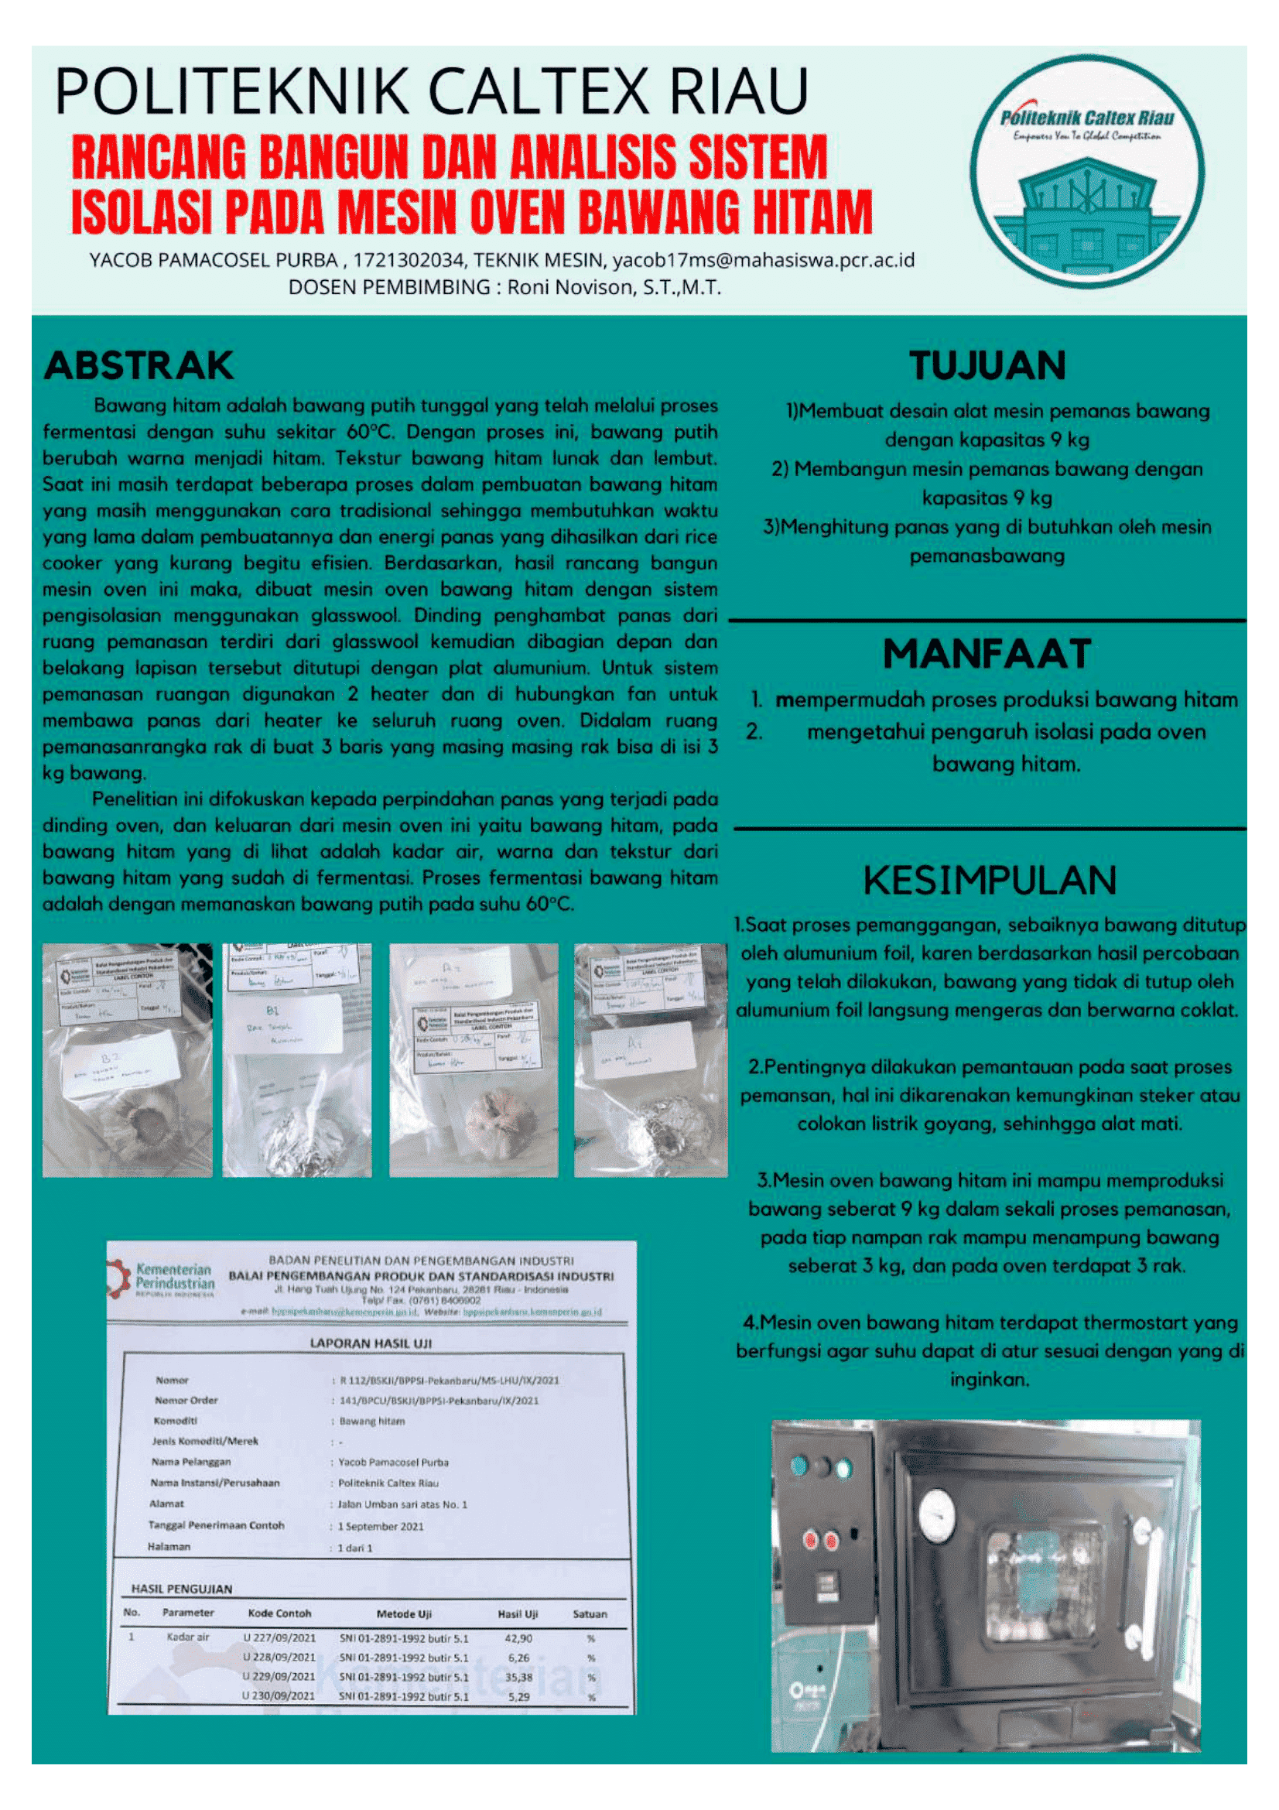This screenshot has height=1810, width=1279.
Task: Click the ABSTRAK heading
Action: pyautogui.click(x=139, y=366)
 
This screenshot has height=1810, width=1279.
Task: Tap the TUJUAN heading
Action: pyautogui.click(x=987, y=366)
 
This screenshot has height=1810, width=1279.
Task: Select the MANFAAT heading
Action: pyautogui.click(x=987, y=654)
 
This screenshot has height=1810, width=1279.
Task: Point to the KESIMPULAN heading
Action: pyautogui.click(x=990, y=881)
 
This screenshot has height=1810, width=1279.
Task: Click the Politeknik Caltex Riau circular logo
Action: pyautogui.click(x=1086, y=172)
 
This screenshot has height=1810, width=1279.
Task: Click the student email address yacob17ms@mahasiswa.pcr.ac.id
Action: pyautogui.click(x=763, y=260)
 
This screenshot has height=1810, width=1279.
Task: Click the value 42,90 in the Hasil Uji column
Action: pyautogui.click(x=518, y=1638)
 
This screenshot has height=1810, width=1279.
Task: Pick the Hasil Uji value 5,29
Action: pyautogui.click(x=518, y=1696)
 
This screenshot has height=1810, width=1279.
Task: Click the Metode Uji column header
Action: pyautogui.click(x=403, y=1613)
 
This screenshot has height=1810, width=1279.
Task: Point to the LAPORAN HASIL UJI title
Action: pyautogui.click(x=371, y=1343)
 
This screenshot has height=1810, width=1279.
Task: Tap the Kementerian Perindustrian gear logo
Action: pyautogui.click(x=120, y=1278)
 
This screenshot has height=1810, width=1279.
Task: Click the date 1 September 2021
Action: pyautogui.click(x=381, y=1526)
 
